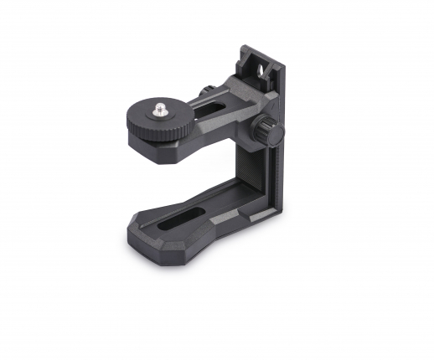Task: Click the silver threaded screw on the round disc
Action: [159, 108]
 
